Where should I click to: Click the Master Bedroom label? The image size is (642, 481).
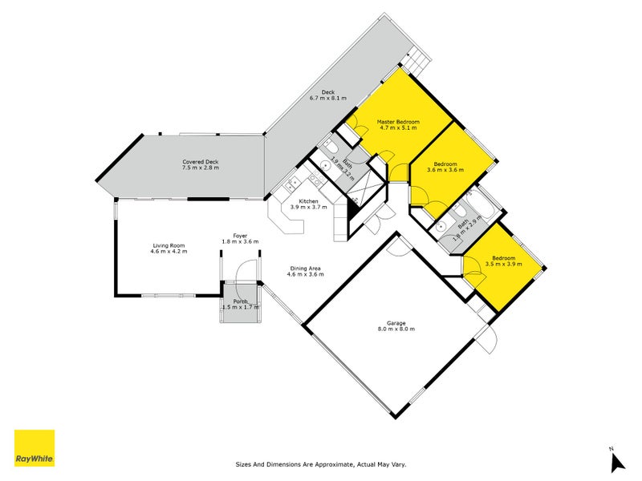coord(398,122)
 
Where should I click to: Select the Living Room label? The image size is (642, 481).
coord(169,245)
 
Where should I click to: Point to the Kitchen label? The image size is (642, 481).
coord(309,201)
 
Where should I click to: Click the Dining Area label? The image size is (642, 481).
coord(305,269)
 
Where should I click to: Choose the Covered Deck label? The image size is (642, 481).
coord(200,162)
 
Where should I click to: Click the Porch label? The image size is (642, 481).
coord(239,301)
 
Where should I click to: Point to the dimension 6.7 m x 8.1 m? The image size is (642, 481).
coord(328,99)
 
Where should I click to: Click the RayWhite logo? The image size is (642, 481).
coord(35,449)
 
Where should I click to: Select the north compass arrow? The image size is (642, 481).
coord(616,463)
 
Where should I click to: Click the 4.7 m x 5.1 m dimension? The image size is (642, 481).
coord(398,128)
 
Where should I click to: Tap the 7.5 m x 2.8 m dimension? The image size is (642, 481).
coord(200,168)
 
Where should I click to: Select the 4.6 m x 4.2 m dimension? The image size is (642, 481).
coord(169,252)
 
